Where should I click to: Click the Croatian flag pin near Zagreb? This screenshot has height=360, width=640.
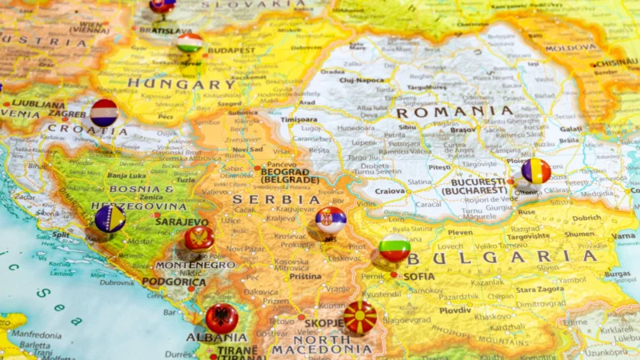tap(104, 113)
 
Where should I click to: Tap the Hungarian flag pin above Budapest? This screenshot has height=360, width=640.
tap(190, 42)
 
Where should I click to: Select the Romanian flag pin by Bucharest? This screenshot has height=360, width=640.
tap(536, 171)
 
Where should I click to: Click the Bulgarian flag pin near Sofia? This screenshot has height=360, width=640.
tap(394, 247)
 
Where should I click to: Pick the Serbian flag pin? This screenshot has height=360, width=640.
tap(330, 220)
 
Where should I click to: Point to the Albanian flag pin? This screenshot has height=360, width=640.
tap(222, 318)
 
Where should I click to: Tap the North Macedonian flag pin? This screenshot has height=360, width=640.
tap(360, 317)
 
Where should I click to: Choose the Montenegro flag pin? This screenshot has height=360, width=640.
tap(199, 238)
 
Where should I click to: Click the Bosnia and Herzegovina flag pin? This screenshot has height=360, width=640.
tap(110, 218)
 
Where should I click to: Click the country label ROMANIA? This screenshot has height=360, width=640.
tap(454, 112)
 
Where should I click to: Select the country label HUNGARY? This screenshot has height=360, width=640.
tap(182, 83)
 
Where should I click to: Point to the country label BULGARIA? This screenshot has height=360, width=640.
tap(502, 257)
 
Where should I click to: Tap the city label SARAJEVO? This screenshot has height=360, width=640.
tap(182, 222)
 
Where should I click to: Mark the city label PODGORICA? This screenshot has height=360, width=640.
tap(174, 282)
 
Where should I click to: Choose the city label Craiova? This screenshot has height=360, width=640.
tap(390, 191)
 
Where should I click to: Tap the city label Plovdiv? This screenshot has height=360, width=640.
tap(455, 310)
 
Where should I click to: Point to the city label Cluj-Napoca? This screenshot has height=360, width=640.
tap(362, 80)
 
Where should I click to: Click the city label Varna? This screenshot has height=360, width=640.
tap(624, 236)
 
